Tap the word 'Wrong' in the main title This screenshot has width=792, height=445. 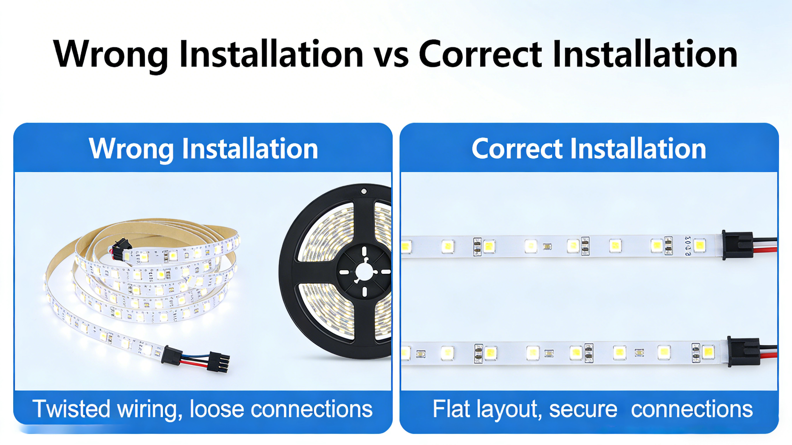click(111, 55)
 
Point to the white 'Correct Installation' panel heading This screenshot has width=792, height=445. click(589, 149)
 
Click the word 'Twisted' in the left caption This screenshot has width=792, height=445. click(71, 409)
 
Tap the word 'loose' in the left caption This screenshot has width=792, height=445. click(217, 409)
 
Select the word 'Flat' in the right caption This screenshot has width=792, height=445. click(451, 409)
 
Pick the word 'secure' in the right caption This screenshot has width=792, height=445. click(583, 409)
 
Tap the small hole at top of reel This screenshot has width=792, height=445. click(364, 191)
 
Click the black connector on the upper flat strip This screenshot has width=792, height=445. click(737, 245)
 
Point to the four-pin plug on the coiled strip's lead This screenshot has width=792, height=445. click(219, 362)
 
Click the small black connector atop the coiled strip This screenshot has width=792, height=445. click(122, 246)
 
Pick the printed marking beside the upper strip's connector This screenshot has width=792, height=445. click(688, 246)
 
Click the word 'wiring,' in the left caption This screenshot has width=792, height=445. click(150, 409)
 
